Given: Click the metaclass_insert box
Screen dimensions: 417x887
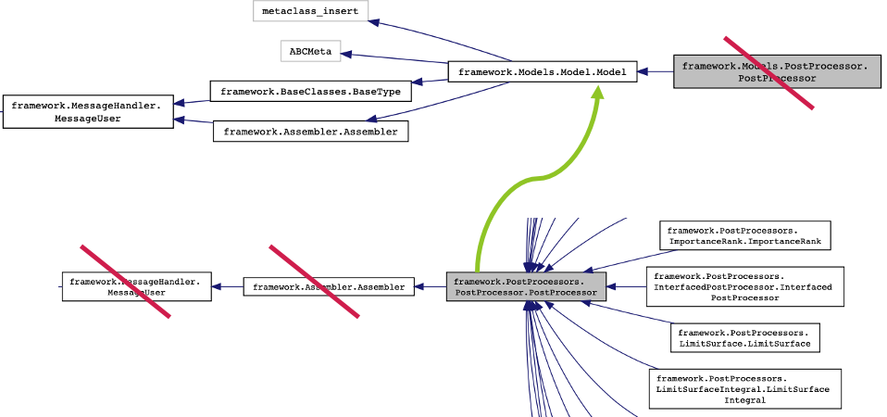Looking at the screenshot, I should (x=310, y=11).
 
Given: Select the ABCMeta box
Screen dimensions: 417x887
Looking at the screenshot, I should (x=310, y=51).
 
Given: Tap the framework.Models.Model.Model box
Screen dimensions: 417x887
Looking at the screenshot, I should (x=543, y=71).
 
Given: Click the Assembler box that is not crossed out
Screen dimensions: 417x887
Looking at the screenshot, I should (x=310, y=132).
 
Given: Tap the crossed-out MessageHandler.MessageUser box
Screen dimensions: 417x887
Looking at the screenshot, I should (x=136, y=286).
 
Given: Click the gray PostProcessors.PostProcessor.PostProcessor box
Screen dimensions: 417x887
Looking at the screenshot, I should (x=525, y=287).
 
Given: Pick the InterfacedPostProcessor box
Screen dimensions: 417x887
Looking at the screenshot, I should (x=743, y=287).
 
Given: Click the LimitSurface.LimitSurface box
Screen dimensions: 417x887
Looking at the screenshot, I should (x=743, y=337).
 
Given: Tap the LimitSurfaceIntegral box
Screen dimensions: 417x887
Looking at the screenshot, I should (x=743, y=388).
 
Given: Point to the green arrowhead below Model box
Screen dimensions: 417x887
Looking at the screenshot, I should (x=598, y=93).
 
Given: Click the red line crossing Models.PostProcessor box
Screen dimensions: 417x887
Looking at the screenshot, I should (x=768, y=72).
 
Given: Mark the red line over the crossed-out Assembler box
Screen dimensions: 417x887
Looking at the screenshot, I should (x=314, y=282).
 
